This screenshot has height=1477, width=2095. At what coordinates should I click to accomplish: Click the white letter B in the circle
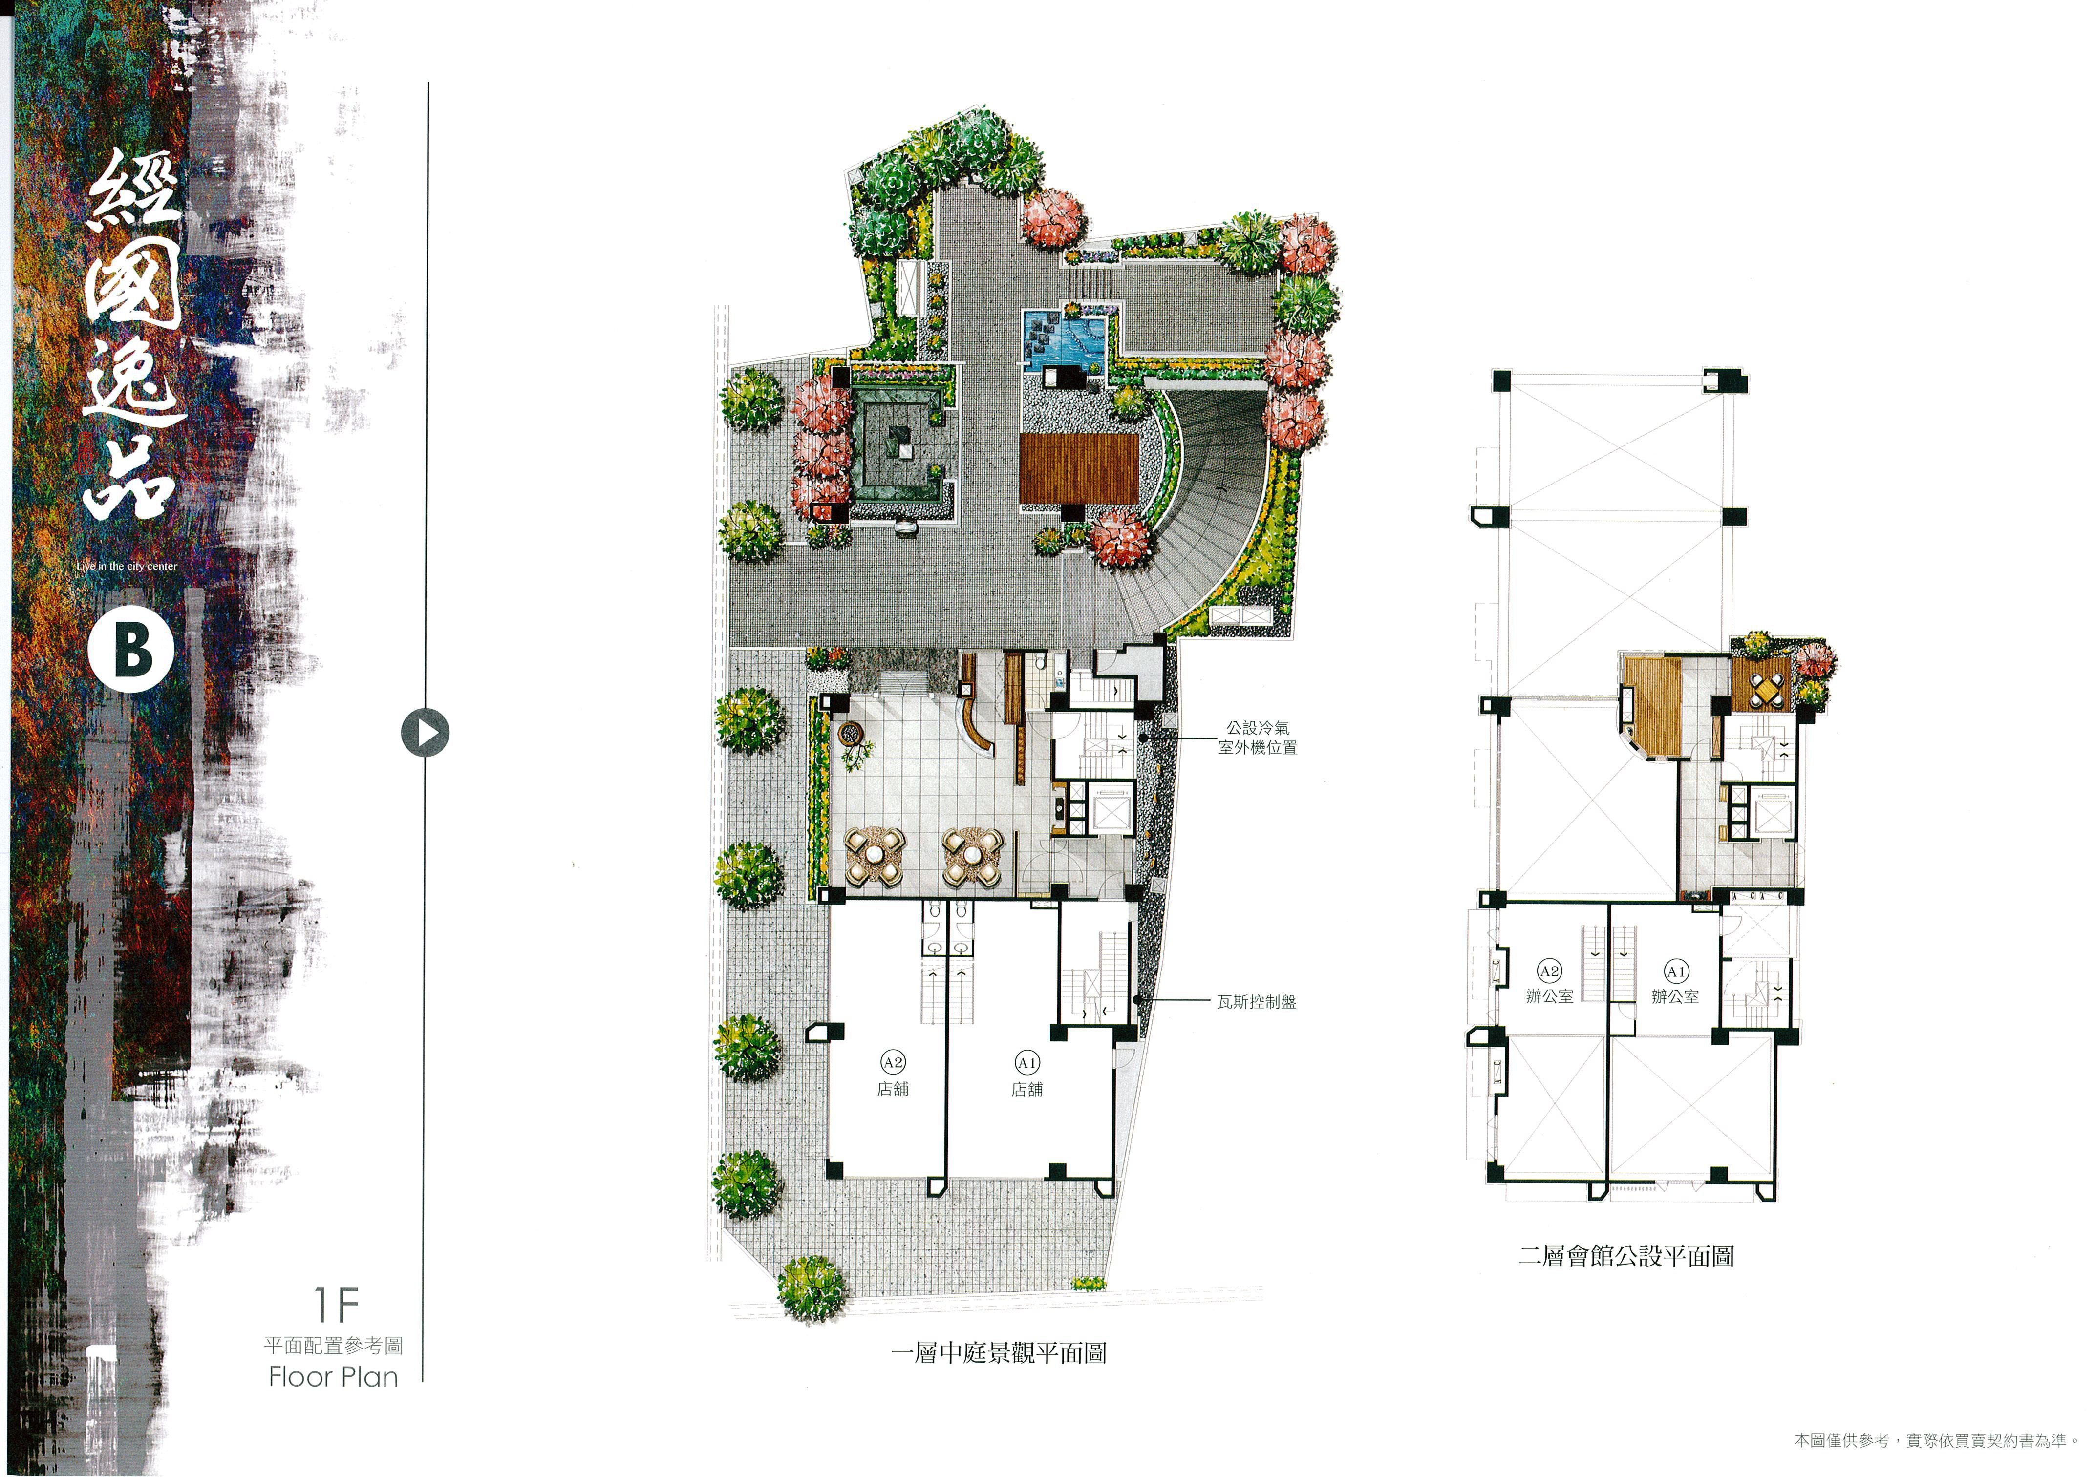click(132, 650)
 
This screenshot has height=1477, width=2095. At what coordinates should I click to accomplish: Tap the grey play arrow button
click(425, 733)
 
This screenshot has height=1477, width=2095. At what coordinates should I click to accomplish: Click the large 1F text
click(337, 1305)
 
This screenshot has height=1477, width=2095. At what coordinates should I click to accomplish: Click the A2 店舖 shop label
click(893, 1075)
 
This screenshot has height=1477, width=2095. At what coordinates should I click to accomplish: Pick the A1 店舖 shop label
click(1026, 1075)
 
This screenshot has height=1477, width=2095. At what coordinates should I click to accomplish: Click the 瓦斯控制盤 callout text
click(1257, 1002)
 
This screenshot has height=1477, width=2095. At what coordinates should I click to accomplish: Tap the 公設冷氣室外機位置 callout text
click(1258, 737)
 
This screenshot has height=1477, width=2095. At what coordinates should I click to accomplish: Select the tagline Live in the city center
click(127, 567)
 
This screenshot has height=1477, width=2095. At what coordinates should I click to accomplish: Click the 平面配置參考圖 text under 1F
click(333, 1346)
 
